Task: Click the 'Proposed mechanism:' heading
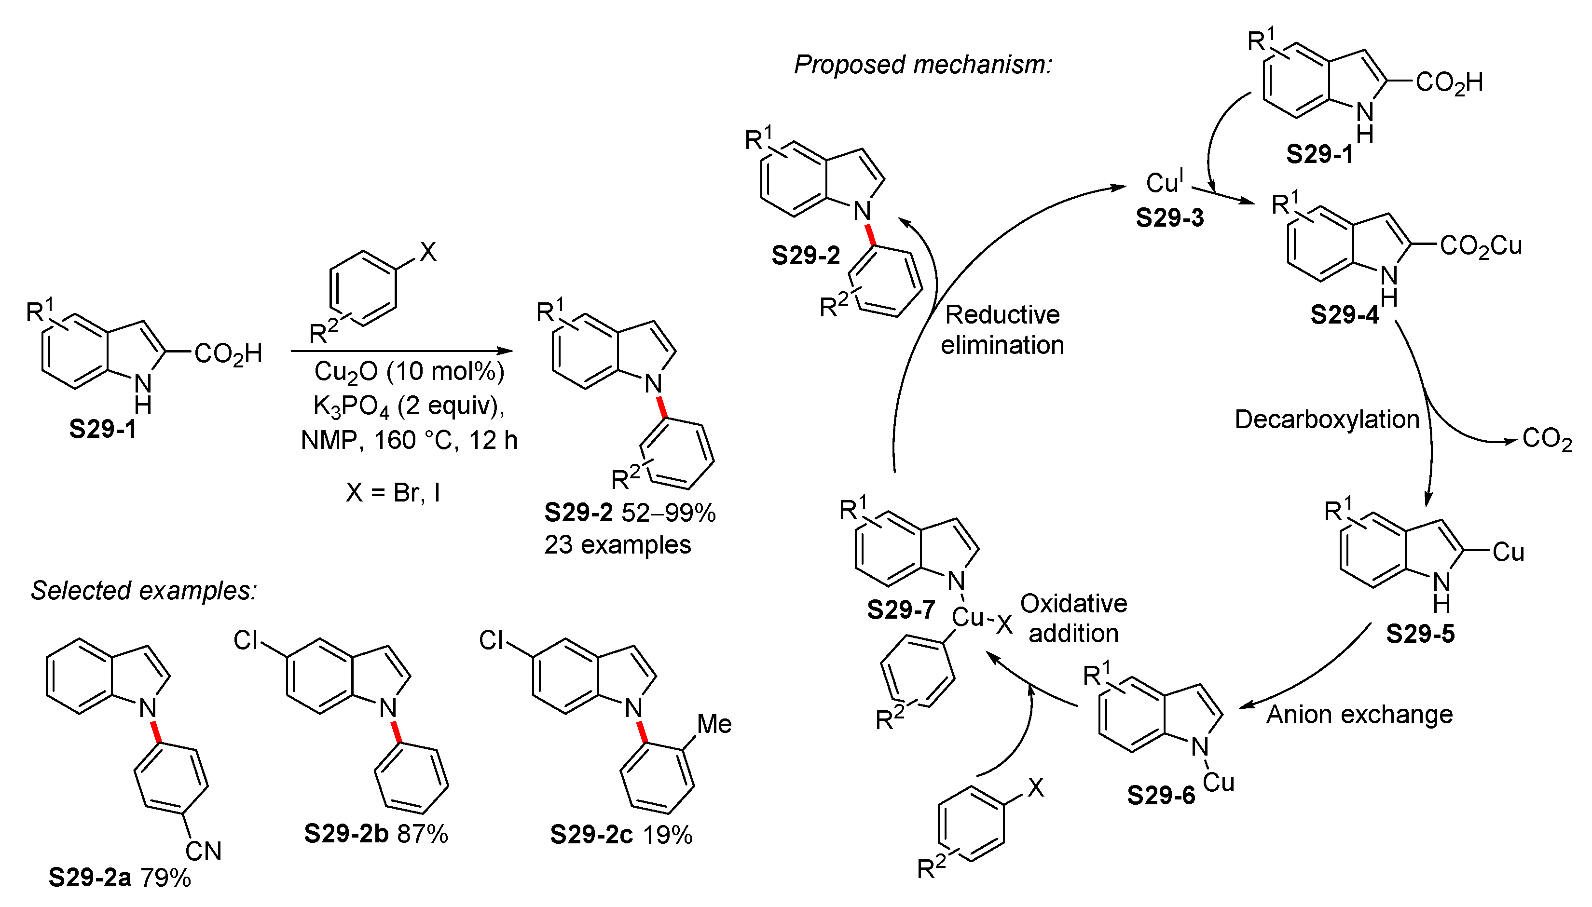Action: [923, 65]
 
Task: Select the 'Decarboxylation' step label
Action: [1327, 419]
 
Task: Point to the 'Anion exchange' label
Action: [1359, 714]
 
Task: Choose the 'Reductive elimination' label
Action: [1002, 329]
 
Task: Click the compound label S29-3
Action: [1169, 218]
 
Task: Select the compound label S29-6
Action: [1161, 796]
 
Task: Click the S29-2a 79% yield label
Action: [120, 878]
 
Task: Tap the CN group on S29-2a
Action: [203, 852]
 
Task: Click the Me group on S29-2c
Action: [714, 724]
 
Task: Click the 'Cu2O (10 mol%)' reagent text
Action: [409, 372]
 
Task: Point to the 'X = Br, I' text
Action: [393, 493]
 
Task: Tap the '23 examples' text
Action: [618, 545]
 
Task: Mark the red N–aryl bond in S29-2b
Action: [396, 731]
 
